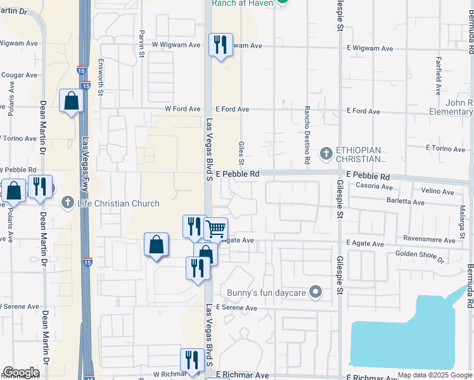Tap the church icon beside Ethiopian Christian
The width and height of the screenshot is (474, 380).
tap(326, 153)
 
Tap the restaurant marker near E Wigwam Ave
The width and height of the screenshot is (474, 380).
tap(221, 46)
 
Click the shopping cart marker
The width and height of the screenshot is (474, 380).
tap(216, 230)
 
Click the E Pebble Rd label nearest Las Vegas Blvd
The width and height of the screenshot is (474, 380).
tap(238, 174)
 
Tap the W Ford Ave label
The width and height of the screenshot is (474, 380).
tap(183, 109)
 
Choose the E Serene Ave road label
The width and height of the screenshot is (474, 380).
tap(236, 308)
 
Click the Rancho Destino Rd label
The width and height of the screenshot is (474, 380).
tap(307, 135)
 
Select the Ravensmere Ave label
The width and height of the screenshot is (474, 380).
tap(431, 241)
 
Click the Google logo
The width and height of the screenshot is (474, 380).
tap(21, 372)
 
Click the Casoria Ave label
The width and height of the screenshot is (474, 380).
tap(374, 186)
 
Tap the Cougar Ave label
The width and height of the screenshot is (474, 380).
tap(19, 75)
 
